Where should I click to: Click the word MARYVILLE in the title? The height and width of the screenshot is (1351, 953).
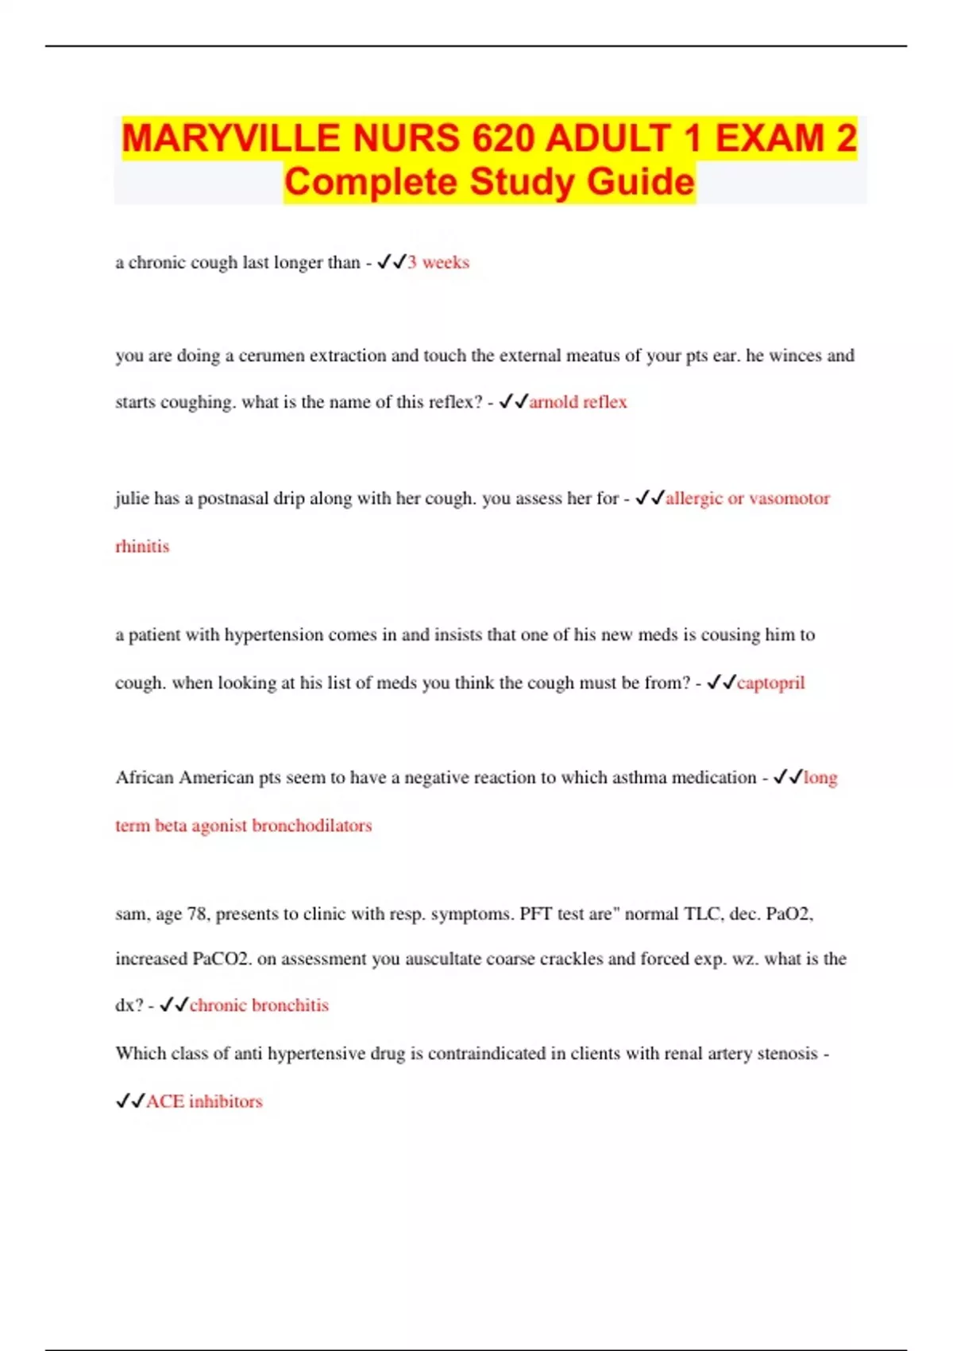(x=230, y=138)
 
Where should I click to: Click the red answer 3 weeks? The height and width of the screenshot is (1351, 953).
(x=438, y=262)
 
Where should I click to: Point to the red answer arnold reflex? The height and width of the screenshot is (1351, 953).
(x=578, y=402)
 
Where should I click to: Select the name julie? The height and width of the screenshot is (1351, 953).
(x=131, y=498)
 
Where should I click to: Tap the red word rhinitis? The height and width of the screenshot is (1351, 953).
(x=142, y=546)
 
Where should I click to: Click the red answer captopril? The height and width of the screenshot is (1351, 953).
(x=770, y=683)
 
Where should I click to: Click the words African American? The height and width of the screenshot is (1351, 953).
(x=185, y=777)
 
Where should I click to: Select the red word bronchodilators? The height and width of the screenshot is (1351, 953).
(x=311, y=826)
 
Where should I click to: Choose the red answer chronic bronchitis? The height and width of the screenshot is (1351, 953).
(x=259, y=1005)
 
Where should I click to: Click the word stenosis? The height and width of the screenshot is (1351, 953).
(x=787, y=1054)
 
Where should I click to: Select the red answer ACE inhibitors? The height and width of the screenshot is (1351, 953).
(x=204, y=1101)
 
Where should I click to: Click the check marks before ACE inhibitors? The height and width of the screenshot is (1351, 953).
(x=130, y=1101)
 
